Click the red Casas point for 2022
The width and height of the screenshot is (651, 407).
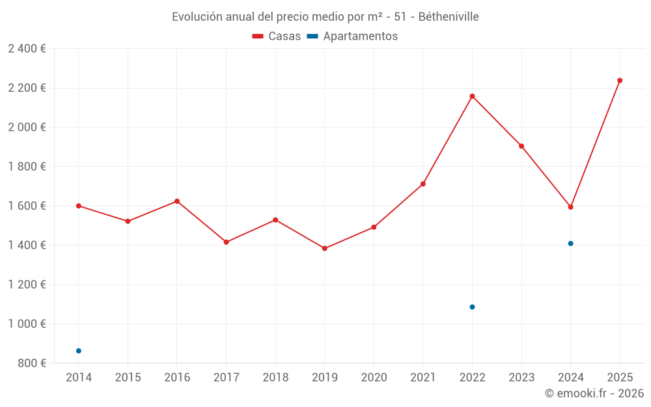tap(472, 96)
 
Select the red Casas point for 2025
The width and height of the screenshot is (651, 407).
tap(620, 81)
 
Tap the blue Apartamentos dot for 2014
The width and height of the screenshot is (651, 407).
tap(79, 351)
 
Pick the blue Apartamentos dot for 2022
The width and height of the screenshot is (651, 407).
tap(472, 307)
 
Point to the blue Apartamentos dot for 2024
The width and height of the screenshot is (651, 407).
tap(571, 244)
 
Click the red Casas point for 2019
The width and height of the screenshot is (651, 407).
tap(324, 248)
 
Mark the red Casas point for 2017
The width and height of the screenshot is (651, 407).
tap(226, 242)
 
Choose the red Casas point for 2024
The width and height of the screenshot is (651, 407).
tap(571, 207)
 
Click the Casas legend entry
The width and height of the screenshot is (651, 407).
tap(277, 36)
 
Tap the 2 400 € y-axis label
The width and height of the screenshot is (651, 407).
tap(27, 49)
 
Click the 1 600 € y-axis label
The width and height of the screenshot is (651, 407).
tap(27, 206)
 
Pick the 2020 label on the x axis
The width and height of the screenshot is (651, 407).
tap(374, 378)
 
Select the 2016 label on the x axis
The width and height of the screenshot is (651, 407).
tap(177, 378)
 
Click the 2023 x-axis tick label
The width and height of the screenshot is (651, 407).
tap(521, 378)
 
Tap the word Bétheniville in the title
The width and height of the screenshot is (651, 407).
tap(449, 17)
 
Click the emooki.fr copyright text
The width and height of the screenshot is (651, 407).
tap(594, 393)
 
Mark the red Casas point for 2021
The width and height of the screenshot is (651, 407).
tap(423, 184)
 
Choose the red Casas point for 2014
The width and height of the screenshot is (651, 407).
tap(79, 206)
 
